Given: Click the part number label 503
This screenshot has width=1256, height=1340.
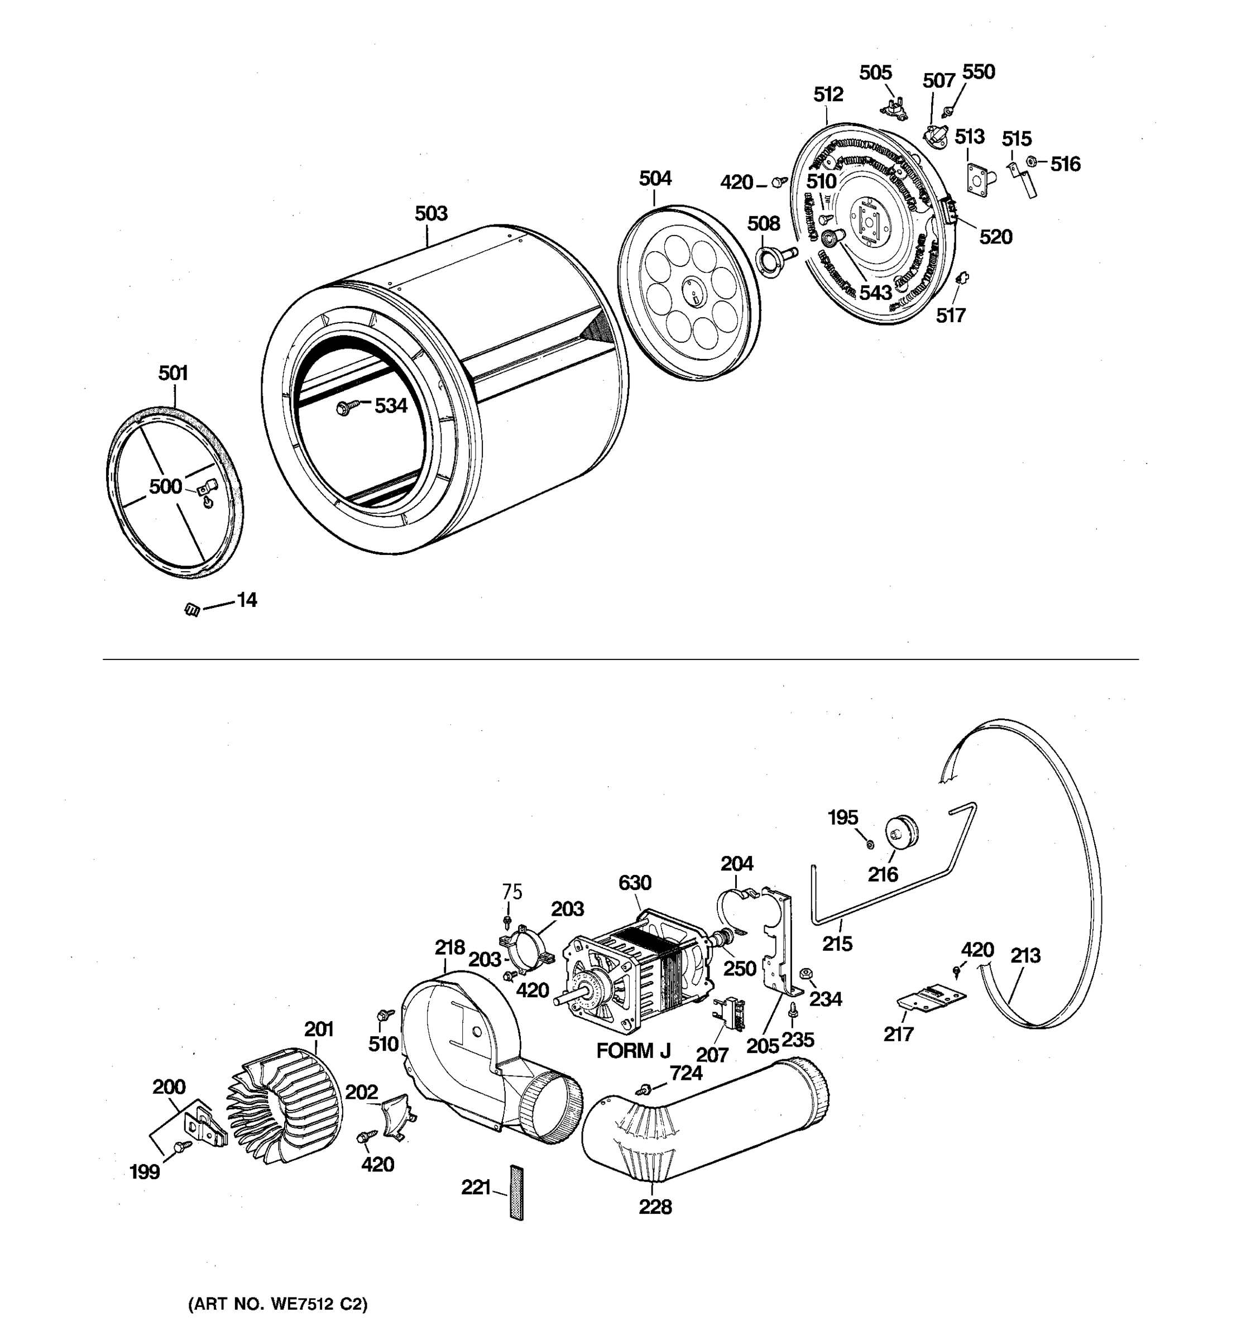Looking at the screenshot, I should (x=430, y=214).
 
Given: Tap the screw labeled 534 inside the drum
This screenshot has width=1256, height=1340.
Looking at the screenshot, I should (x=344, y=407).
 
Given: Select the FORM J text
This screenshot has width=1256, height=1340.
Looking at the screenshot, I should (x=634, y=1051).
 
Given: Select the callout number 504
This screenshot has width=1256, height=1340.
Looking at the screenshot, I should (x=655, y=179).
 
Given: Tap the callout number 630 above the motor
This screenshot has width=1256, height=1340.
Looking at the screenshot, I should (x=634, y=882).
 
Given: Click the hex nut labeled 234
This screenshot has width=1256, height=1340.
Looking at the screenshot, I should (x=804, y=973).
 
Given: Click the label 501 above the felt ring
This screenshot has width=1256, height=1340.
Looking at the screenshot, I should (x=173, y=374).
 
